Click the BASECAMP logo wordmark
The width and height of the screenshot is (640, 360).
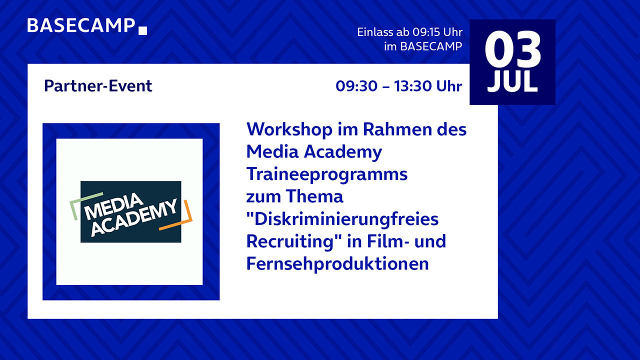tap(81, 25)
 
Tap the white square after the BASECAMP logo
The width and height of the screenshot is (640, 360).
tap(142, 30)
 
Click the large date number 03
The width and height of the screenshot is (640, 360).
tap(512, 49)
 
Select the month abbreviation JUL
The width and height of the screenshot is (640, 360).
tap(512, 81)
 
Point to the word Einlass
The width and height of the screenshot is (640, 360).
tap(375, 32)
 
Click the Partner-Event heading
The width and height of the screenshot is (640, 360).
tap(98, 85)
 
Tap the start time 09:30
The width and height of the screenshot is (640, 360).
tap(356, 86)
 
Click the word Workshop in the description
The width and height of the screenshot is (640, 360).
tap(289, 129)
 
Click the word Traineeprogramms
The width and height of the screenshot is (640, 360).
tap(327, 175)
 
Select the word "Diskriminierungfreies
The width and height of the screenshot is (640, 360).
tap(342, 219)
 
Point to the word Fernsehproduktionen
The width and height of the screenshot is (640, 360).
tap(337, 263)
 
